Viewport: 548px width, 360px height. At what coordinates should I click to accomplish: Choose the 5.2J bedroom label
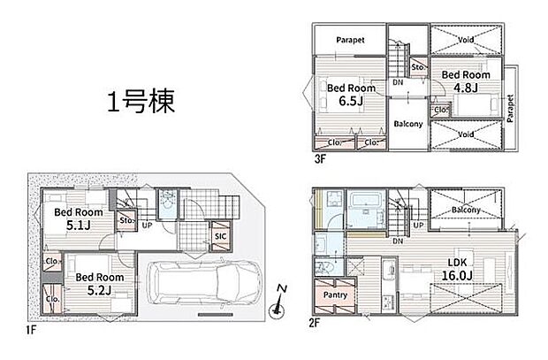pos(100,289)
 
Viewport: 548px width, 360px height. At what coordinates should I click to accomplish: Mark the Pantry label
pos(335,295)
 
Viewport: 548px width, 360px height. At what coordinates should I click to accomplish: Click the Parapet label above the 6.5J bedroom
pos(350,39)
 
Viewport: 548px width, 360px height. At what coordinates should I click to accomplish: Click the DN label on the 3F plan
pos(399,81)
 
